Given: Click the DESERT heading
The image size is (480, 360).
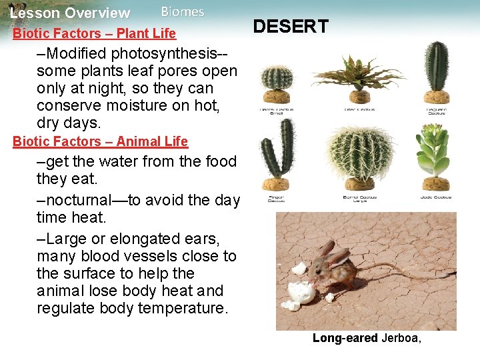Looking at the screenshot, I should (x=291, y=27).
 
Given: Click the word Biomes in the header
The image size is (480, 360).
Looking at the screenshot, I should (x=183, y=12).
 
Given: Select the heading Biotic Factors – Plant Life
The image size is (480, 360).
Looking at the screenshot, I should (x=94, y=33).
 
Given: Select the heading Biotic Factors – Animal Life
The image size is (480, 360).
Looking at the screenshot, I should (x=100, y=141).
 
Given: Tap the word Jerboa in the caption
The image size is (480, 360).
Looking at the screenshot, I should (x=399, y=339).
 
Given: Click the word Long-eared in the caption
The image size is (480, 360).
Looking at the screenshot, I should (x=345, y=339).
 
